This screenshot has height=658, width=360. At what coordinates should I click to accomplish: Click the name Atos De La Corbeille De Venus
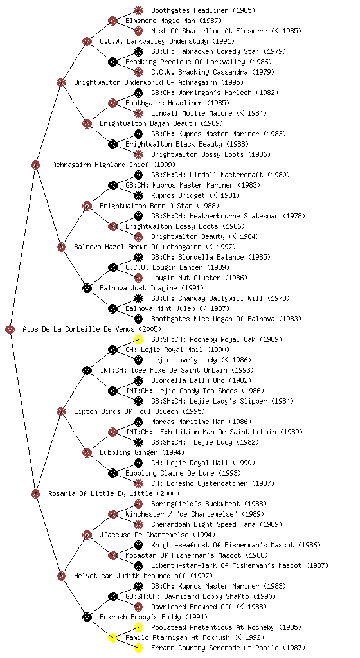tap(79, 329)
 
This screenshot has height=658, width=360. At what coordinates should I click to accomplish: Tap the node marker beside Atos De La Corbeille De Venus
tap(10, 329)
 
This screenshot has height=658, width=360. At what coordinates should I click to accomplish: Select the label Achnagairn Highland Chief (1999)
tap(114, 164)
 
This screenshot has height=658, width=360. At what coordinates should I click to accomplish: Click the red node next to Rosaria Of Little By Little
tap(35, 493)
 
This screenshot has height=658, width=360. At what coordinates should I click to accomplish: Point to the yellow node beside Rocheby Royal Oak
tap(138, 339)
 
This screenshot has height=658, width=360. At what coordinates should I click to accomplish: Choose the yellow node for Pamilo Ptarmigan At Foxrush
tap(113, 637)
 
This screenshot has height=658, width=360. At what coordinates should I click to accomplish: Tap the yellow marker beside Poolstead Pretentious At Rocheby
tap(138, 627)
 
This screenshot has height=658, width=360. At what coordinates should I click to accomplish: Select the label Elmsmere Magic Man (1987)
tap(174, 21)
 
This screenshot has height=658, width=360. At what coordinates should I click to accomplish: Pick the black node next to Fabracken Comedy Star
tap(138, 51)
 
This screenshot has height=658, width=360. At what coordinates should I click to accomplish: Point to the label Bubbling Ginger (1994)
tap(142, 452)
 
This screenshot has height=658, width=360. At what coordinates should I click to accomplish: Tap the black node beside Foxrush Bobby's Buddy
tap(87, 617)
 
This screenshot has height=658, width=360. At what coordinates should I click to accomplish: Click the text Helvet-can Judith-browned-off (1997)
tap(143, 576)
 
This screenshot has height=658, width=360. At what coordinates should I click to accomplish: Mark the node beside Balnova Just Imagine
tap(87, 288)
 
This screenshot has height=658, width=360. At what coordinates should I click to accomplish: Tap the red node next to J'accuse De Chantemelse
tap(87, 535)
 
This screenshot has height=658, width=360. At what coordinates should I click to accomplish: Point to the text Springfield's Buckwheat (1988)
tap(209, 504)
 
